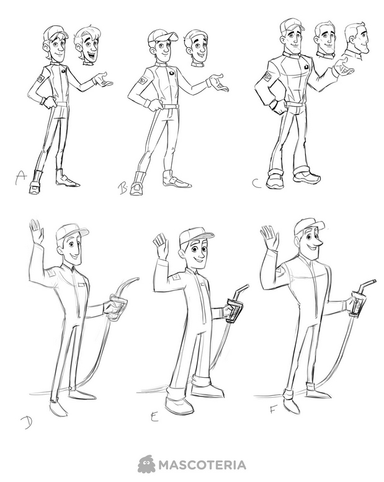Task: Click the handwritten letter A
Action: (x=20, y=177)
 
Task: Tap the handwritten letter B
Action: (x=123, y=189)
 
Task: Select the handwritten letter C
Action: (x=257, y=183)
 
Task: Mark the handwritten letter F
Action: (x=273, y=409)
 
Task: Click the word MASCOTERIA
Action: (x=202, y=465)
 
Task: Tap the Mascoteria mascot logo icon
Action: (x=146, y=465)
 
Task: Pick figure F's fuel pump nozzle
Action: (x=360, y=299)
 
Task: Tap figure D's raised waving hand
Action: (x=36, y=231)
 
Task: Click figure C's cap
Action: (x=292, y=25)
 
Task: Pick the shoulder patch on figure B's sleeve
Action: (x=143, y=81)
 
